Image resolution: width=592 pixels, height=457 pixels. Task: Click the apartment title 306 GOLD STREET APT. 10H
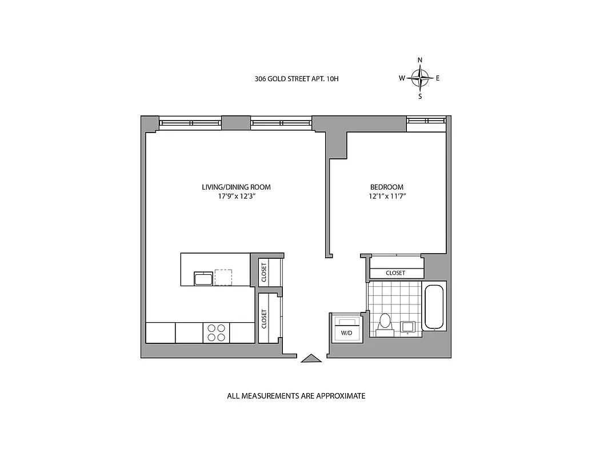297,79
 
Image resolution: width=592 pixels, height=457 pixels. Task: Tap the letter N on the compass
420,60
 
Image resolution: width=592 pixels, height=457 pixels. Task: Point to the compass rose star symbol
420,78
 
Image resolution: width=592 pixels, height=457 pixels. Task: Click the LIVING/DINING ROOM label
236,187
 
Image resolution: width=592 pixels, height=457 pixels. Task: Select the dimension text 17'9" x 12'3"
236,197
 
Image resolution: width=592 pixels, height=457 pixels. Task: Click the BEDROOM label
387,187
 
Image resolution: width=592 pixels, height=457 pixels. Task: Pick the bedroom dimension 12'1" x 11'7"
387,197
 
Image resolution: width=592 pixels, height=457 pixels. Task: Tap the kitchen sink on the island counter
203,279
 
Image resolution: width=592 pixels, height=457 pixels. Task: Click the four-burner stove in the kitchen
216,332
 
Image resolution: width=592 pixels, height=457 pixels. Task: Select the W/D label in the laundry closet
346,332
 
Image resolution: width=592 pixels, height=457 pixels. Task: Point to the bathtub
435,307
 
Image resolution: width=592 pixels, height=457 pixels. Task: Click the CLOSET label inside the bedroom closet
395,273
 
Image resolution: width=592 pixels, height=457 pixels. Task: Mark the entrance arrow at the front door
311,358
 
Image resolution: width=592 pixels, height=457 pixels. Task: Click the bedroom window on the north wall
426,120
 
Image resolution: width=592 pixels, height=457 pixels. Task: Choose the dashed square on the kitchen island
223,277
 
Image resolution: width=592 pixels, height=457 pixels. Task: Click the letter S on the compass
420,97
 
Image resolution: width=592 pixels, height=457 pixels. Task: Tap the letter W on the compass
402,78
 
